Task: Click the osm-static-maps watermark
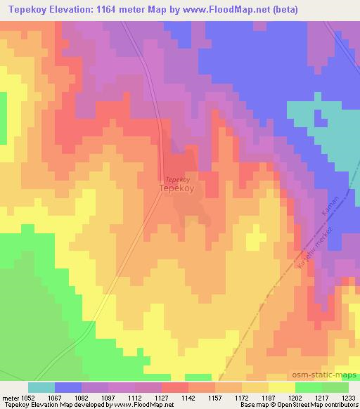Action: point(328,376)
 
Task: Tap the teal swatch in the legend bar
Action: point(41,387)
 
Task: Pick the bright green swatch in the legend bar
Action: point(308,387)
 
